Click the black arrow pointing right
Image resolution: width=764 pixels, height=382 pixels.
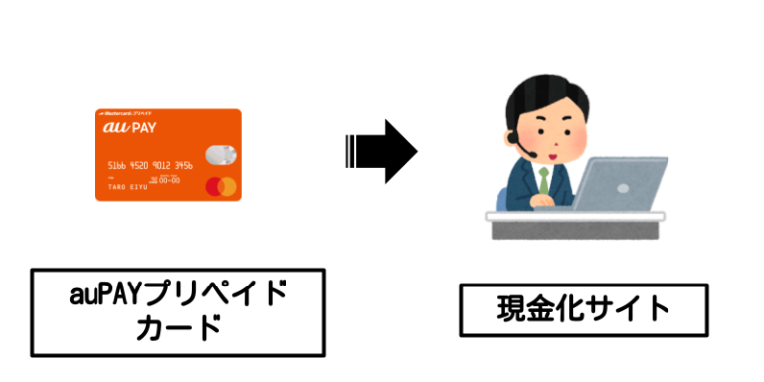pos(382,152)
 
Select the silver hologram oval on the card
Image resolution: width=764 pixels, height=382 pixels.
pos(220,154)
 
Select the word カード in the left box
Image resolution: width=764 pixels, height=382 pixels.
pos(178,328)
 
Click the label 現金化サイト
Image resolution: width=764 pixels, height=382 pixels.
pos(584,309)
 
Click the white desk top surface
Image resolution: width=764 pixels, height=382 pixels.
pos(577,213)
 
